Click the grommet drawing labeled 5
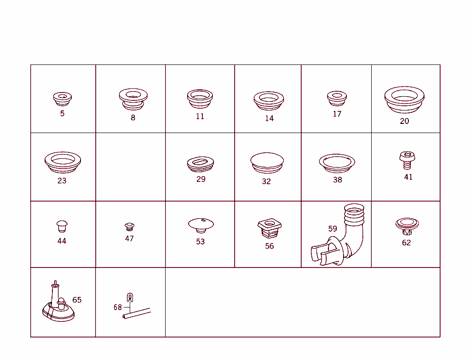[63, 99]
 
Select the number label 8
[133, 117]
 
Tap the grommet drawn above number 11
[200, 99]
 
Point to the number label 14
[270, 118]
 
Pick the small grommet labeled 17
[337, 99]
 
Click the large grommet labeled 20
[404, 99]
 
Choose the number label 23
[62, 181]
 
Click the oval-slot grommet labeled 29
[201, 164]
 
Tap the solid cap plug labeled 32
[267, 163]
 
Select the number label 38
[338, 180]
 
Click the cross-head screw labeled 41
[408, 160]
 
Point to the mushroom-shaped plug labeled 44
[62, 226]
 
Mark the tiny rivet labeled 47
[129, 227]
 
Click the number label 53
[201, 242]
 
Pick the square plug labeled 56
[270, 228]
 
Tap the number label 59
[333, 229]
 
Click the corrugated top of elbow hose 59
[354, 214]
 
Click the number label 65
[77, 300]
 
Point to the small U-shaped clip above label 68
[130, 297]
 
